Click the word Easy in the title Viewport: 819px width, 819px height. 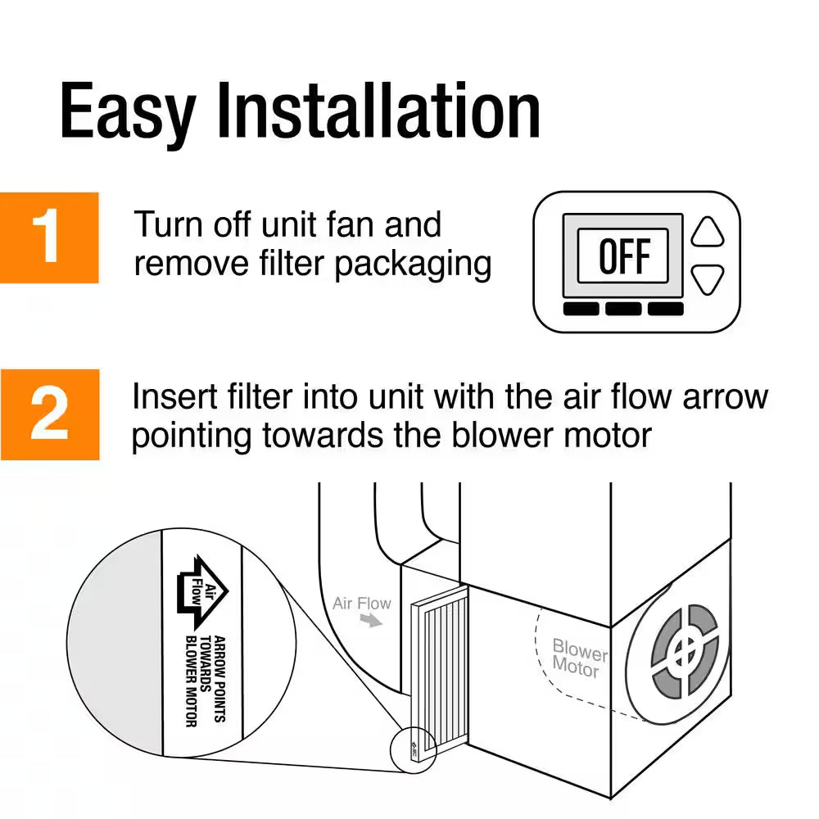[127, 111]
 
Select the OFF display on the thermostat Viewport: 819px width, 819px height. [622, 256]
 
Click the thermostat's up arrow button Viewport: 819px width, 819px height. [708, 232]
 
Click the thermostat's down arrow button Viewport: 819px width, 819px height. [708, 280]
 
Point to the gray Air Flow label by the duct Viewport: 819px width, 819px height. [362, 604]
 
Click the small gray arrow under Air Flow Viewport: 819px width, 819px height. [373, 622]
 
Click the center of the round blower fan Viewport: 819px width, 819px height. [684, 651]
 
